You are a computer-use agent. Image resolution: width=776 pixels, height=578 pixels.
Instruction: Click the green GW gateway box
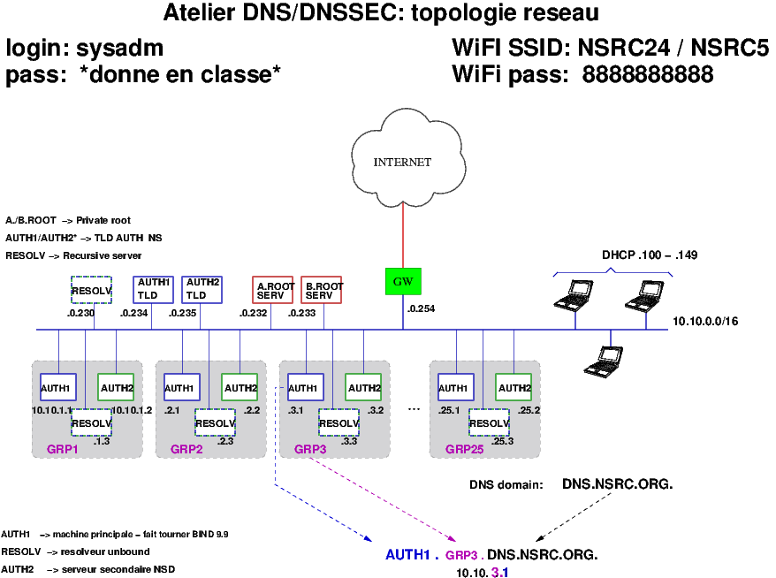click(403, 281)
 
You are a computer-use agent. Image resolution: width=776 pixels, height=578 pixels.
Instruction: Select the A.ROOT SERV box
click(272, 291)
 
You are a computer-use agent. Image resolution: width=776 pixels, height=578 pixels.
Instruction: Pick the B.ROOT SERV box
click(322, 291)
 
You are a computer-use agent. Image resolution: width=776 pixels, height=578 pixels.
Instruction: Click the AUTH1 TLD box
click(153, 290)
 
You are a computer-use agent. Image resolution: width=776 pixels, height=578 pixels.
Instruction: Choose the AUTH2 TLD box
click(202, 290)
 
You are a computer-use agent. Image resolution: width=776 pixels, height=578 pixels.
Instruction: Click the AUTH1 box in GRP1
click(58, 387)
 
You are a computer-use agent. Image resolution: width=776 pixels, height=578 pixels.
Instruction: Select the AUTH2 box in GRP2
click(240, 387)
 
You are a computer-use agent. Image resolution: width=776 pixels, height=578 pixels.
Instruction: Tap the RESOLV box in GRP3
click(339, 423)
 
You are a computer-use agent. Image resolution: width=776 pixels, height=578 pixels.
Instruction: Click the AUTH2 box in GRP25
click(514, 387)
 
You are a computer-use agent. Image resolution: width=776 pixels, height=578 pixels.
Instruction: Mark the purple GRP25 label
click(464, 449)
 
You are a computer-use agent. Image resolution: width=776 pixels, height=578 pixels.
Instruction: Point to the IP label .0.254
click(421, 309)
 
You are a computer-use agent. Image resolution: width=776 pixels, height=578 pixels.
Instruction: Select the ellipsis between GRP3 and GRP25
click(413, 408)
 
